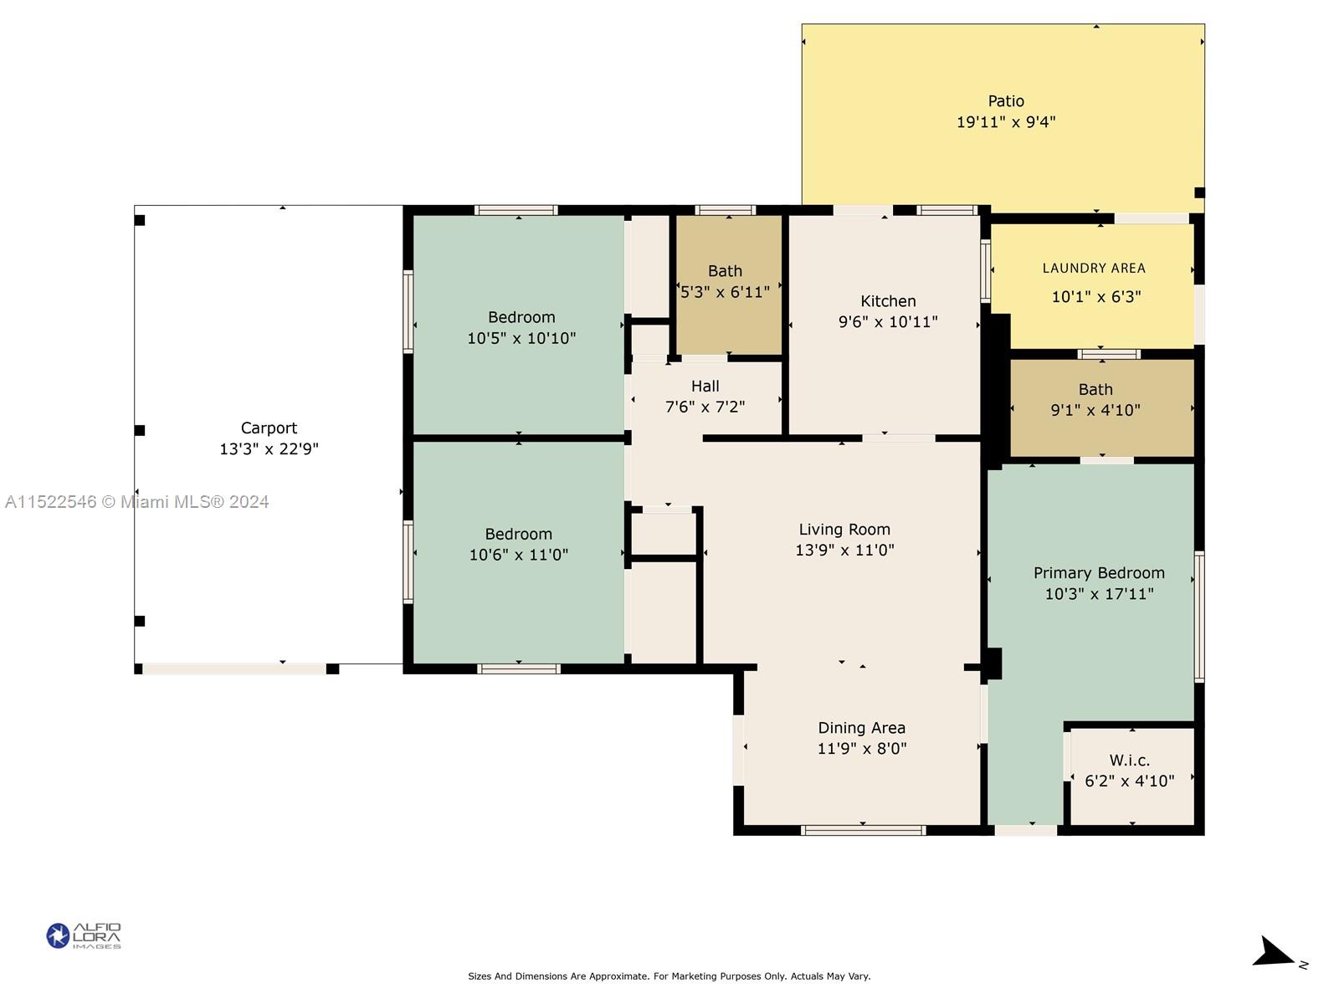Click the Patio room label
tap(1005, 100)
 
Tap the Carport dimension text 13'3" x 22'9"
tap(269, 448)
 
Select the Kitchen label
tap(888, 300)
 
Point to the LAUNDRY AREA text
tap(1094, 269)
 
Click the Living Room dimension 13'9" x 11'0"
tap(844, 550)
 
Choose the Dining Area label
tap(861, 727)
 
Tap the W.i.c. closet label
tap(1129, 761)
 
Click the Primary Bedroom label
tap(1099, 573)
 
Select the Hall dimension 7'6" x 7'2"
tap(705, 407)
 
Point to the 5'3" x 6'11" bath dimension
tap(725, 292)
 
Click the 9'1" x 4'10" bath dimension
tap(1095, 410)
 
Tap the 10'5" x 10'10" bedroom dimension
tap(521, 338)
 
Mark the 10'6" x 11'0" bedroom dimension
tap(518, 555)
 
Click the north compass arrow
tap(1273, 954)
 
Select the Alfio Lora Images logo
tap(84, 935)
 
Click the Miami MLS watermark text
tap(136, 502)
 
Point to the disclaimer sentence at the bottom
tap(669, 976)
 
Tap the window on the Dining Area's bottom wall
tap(863, 830)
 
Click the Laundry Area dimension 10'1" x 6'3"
tap(1095, 297)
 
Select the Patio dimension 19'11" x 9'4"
tap(1005, 122)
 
